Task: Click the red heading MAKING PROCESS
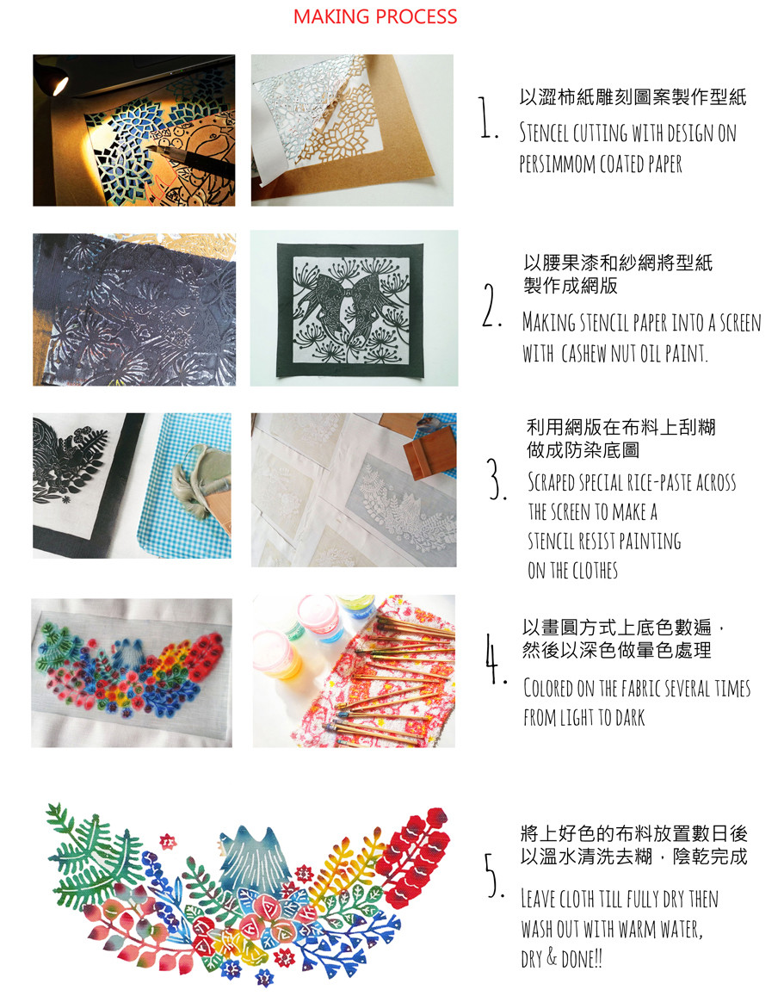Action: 374,16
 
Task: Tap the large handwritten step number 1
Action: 487,117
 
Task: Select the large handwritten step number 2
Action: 491,306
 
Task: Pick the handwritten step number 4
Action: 495,658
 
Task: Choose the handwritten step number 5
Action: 494,875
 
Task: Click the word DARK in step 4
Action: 630,718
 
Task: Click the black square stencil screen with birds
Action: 351,310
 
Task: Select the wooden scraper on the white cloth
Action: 429,452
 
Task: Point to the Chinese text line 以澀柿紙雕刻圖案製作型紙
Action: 633,97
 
